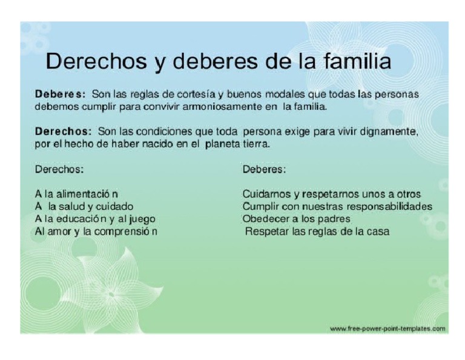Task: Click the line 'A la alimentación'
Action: point(76,194)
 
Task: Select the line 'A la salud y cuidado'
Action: point(84,207)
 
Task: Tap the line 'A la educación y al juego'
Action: point(95,219)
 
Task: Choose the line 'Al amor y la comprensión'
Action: point(96,232)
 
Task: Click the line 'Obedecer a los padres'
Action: point(296,219)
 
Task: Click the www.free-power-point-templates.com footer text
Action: point(387,328)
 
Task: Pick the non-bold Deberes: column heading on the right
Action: point(264,169)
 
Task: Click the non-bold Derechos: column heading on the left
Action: point(59,169)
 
